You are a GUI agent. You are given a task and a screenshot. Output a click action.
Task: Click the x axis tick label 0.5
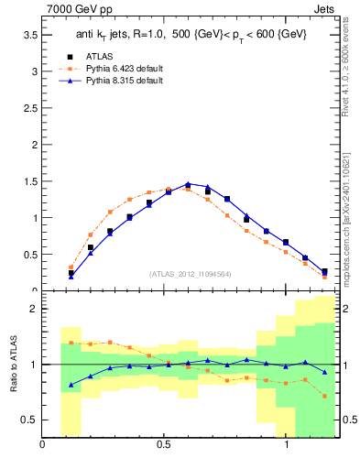(x=165, y=445)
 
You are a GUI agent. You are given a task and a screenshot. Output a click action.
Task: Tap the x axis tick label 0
(x=43, y=445)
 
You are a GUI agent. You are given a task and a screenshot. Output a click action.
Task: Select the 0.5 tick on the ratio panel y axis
(x=28, y=420)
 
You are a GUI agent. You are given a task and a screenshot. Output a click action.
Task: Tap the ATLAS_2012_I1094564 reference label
(x=190, y=273)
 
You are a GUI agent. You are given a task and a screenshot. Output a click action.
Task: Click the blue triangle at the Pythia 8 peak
(x=188, y=184)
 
